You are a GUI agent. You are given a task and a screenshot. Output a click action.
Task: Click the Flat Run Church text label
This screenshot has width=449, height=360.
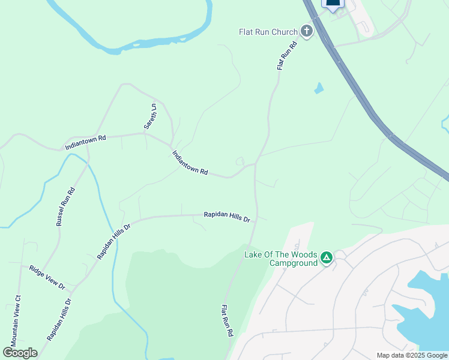click(x=268, y=32)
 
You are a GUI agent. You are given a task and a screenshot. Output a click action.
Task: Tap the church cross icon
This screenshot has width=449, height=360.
click(x=307, y=31)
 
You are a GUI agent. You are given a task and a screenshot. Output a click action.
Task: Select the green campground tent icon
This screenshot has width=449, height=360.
click(x=326, y=258)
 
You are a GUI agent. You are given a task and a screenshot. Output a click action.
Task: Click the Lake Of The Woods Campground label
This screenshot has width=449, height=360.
click(x=281, y=259)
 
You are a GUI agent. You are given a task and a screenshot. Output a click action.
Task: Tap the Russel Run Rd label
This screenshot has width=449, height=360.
click(x=65, y=207)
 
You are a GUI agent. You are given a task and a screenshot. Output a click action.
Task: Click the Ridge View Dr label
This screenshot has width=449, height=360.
click(x=47, y=277)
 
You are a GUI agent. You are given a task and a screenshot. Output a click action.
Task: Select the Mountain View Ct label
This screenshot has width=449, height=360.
click(x=17, y=317)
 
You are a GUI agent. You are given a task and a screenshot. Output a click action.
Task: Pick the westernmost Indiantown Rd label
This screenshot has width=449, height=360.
click(x=85, y=142)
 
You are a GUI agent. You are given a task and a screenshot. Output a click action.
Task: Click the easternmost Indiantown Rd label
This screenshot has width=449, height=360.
click(x=190, y=163)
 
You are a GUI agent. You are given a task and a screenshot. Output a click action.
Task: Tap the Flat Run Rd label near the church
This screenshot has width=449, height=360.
click(x=288, y=55)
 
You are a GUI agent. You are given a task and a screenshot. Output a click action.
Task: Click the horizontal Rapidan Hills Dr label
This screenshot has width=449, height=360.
click(x=226, y=217)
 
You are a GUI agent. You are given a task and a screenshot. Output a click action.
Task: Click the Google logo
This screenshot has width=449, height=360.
click(x=20, y=353)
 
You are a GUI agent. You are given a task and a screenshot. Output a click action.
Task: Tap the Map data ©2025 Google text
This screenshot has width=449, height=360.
click(x=412, y=355)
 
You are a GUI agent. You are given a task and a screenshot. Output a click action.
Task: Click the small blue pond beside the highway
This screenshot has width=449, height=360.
click(x=319, y=88)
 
